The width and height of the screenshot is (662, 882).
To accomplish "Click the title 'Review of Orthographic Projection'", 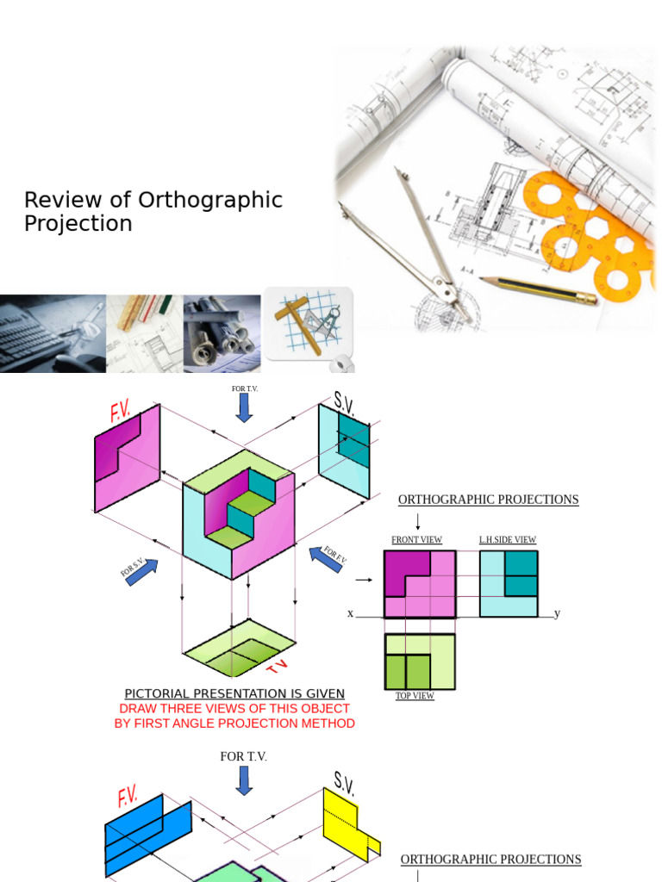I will coord(153,212).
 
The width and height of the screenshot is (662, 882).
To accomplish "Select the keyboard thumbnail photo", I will coord(52,333).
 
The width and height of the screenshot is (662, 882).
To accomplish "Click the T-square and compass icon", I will coord(308,323).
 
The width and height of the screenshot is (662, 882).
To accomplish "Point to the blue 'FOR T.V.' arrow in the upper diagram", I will coord(245,408).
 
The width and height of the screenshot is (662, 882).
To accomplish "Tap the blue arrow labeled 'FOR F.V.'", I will coord(325,558).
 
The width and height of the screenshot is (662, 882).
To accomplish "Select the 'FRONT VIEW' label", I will coord(416,540).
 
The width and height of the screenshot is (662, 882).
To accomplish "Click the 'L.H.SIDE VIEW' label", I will coord(508,540).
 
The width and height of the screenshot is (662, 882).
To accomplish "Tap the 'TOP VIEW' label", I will coord(415,696).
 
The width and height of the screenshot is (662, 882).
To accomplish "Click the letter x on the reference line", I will coord(351,614).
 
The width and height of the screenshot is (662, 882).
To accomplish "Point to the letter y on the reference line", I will coord(558,613).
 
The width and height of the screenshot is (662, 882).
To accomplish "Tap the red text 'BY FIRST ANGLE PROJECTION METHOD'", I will coord(234,724).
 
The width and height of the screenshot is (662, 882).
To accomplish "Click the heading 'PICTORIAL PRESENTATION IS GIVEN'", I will coord(234,693).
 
